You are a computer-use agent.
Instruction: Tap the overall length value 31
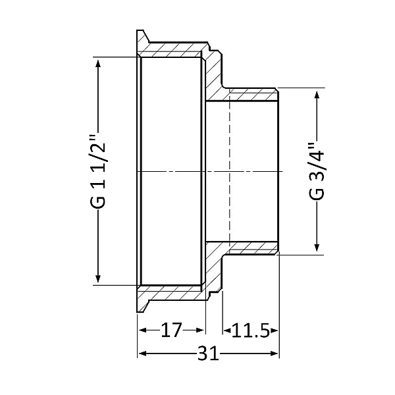208,354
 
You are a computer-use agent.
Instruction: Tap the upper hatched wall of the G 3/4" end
253,93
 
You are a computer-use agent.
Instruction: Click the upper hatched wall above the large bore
171,52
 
